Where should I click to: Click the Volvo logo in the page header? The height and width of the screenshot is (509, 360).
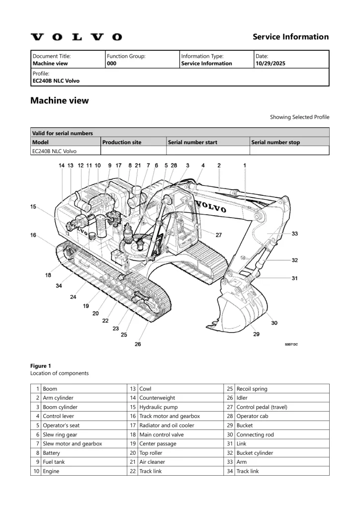76,37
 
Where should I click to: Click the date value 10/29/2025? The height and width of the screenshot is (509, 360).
270,64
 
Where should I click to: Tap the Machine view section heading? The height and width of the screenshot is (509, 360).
60,100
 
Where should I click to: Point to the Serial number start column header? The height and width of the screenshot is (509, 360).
192,142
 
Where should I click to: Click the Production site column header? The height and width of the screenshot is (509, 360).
121,142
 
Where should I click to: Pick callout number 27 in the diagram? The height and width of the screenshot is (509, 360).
218,235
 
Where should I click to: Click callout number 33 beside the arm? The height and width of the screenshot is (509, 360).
294,234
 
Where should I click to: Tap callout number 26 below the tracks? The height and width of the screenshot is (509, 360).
138,344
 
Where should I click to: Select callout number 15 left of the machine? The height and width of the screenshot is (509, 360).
33,207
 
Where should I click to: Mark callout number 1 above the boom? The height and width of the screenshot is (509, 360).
244,165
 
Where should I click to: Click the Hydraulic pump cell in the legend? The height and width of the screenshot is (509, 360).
156,407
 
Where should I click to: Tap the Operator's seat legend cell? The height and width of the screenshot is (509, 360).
61,425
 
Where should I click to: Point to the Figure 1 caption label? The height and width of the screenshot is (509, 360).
40,366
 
